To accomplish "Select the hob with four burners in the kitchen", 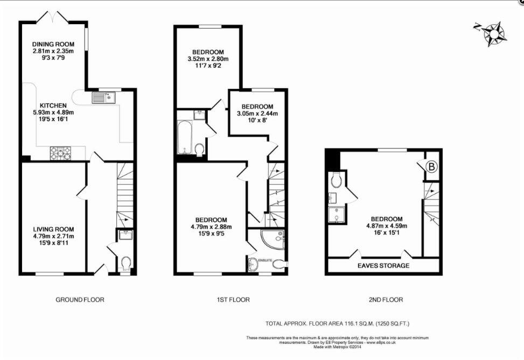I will pos(60,153).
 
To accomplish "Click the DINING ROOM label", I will pos(53,44).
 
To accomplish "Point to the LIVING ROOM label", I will pos(53,229).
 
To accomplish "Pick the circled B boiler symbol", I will pos(432,167).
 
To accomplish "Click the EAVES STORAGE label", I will pos(383,266).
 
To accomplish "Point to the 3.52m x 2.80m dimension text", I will pos(208,59).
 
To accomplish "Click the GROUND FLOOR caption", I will pos(80,300).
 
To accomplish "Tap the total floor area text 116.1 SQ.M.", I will pos(338,323).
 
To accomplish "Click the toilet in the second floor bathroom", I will pos(337,180).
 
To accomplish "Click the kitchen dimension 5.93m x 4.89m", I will pos(53,112).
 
